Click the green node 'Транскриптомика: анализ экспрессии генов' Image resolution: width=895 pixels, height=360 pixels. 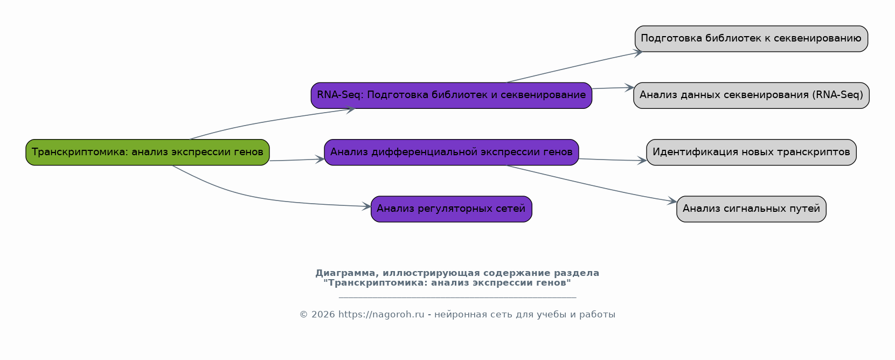pyautogui.click(x=147, y=152)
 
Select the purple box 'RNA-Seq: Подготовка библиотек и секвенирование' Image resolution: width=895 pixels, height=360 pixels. pyautogui.click(x=451, y=95)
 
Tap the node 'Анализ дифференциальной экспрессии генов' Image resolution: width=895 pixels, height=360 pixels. pyautogui.click(x=451, y=152)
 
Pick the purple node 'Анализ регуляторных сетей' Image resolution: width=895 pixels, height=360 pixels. pyautogui.click(x=451, y=209)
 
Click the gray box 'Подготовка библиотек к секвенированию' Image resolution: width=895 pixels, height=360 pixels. pyautogui.click(x=751, y=39)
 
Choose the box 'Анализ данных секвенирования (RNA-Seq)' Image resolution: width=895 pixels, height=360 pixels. pyautogui.click(x=751, y=95)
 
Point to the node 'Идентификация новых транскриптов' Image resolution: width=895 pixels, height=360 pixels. pyautogui.click(x=751, y=152)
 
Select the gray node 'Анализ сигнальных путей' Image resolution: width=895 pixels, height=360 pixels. pyautogui.click(x=751, y=209)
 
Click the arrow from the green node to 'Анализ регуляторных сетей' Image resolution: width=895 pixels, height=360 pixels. pyautogui.click(x=253, y=197)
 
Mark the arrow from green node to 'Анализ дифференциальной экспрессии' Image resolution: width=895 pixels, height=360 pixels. pyautogui.click(x=296, y=160)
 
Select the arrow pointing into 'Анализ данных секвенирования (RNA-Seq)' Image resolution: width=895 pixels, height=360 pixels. pyautogui.click(x=613, y=88)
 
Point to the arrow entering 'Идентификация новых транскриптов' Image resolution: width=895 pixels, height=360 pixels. pyautogui.click(x=613, y=160)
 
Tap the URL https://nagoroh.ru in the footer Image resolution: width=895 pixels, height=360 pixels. pyautogui.click(x=381, y=315)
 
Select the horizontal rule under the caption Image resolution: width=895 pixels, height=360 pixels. pyautogui.click(x=457, y=297)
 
